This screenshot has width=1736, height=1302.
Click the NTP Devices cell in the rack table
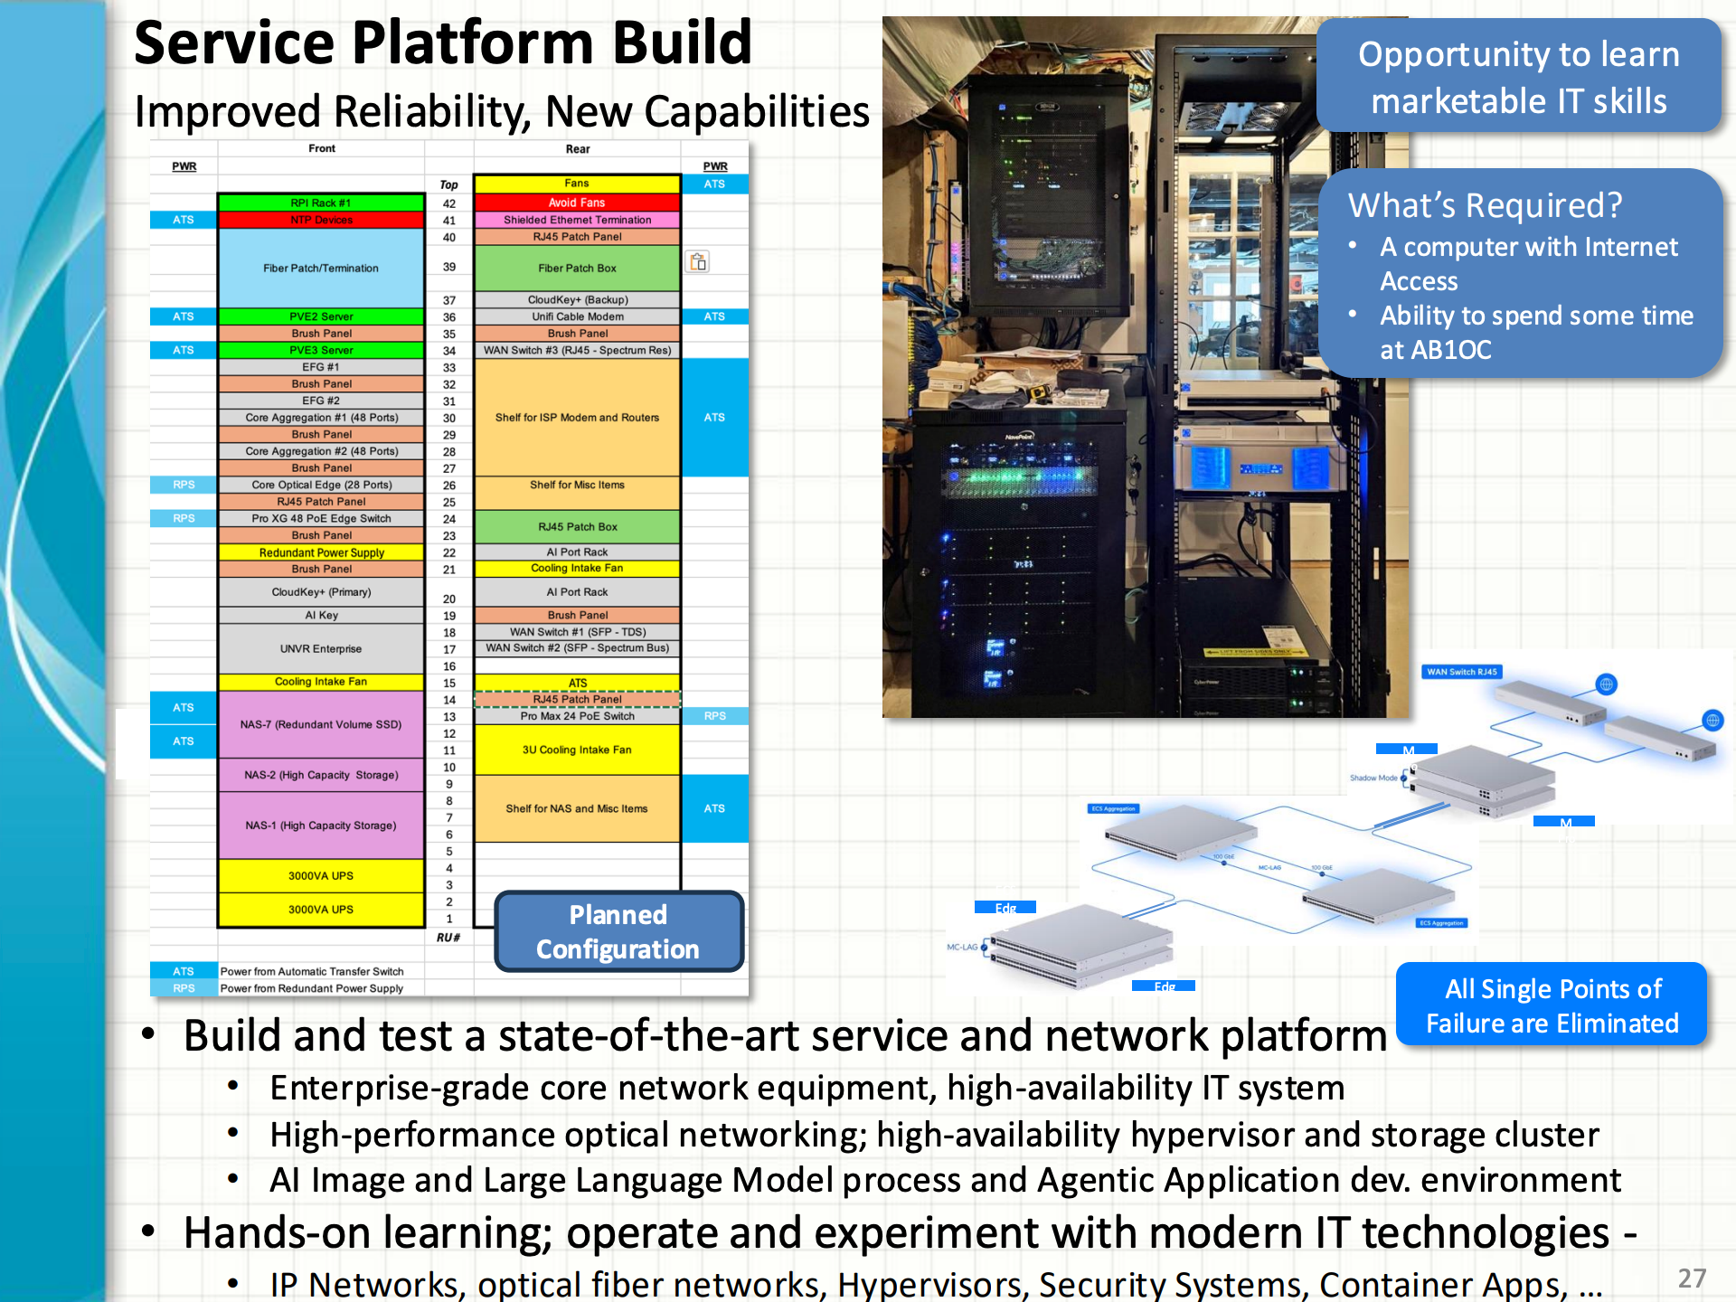tap(321, 220)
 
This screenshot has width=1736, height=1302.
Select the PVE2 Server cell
tap(321, 316)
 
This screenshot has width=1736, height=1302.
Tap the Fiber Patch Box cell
tap(577, 268)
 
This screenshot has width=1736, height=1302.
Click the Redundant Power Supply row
tap(321, 552)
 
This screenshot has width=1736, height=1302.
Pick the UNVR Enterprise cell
tap(321, 648)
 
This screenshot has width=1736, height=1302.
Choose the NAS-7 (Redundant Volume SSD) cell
tap(321, 724)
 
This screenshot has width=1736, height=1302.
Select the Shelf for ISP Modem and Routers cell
tap(577, 418)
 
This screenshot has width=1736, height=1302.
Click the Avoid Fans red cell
tap(577, 203)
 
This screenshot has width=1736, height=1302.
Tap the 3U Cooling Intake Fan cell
tap(577, 750)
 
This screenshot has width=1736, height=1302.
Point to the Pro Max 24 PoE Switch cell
tap(577, 716)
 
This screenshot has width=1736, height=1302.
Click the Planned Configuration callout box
tap(618, 931)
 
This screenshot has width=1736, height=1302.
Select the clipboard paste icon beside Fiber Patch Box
tap(698, 262)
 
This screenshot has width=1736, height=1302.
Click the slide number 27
tap(1692, 1278)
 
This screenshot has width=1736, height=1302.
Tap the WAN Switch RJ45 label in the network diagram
tap(1462, 672)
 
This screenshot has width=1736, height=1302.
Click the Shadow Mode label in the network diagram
tap(1373, 778)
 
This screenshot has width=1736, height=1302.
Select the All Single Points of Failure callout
tap(1552, 1005)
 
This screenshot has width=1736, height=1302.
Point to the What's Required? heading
tap(1485, 206)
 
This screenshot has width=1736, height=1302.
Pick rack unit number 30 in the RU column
tap(449, 419)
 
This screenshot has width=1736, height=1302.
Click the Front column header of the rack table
tap(321, 148)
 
